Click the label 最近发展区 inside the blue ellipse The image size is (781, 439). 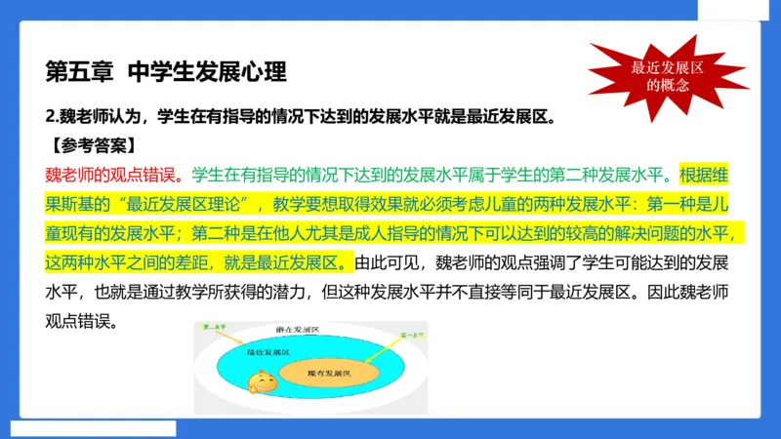[268, 350]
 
